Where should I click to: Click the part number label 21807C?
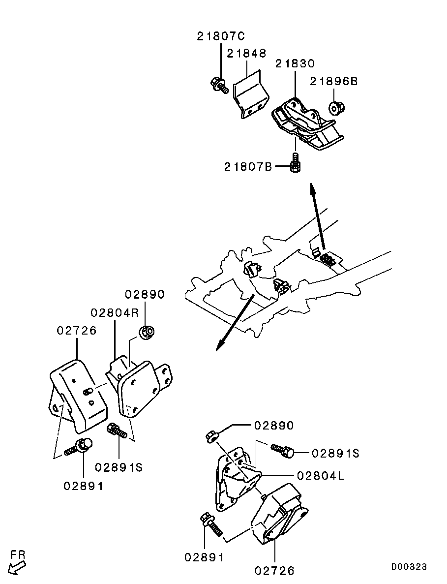coord(221,36)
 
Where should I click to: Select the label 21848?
coord(247,53)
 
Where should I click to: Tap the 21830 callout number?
coord(295,63)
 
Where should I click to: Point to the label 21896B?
coord(334,81)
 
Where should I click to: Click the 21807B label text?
coord(248,166)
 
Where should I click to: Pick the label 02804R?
coord(115,312)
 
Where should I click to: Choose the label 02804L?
coord(321,476)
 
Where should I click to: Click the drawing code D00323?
coord(409,566)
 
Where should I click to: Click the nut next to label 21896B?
coord(336,108)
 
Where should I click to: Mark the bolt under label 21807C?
coord(218,85)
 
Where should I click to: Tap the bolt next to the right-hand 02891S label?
coord(282,450)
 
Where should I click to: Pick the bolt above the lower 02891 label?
coord(211,524)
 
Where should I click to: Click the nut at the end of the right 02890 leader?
coord(212,435)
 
